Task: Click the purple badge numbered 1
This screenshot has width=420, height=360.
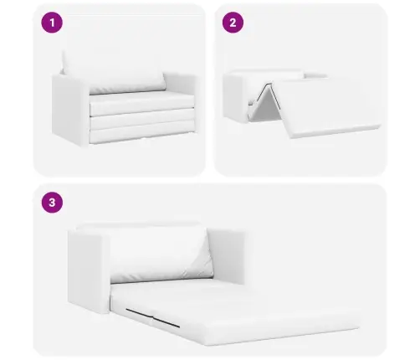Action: coord(54,23)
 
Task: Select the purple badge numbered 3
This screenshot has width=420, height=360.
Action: coord(54,203)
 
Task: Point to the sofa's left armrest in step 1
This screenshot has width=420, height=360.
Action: coord(69,105)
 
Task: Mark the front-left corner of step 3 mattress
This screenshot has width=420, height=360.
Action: coord(122,321)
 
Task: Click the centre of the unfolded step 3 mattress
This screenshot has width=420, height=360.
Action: coord(243,310)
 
